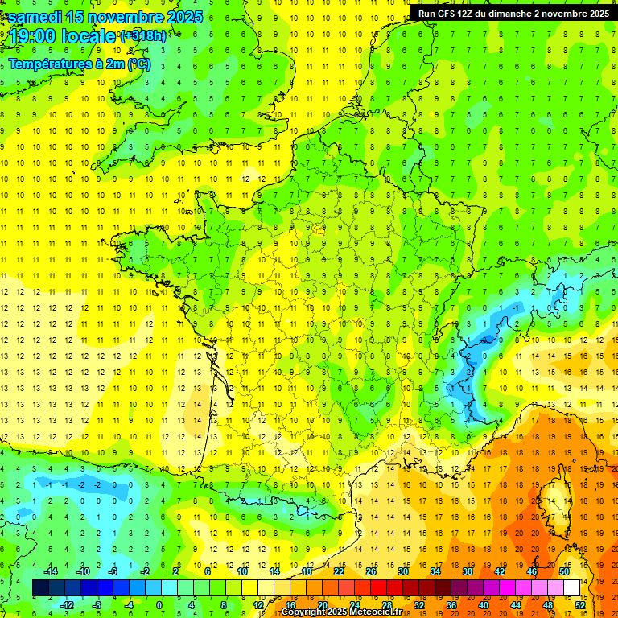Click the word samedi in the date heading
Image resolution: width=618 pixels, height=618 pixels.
(x=35, y=16)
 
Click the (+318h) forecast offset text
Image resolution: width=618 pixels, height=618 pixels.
(x=143, y=35)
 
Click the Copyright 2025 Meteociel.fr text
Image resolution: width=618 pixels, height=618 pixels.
(x=342, y=612)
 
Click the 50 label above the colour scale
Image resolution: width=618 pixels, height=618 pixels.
(x=564, y=571)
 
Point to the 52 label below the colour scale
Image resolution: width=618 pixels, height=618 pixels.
(x=580, y=604)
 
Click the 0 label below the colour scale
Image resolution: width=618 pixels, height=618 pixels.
(x=159, y=604)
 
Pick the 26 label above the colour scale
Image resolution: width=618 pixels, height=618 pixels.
(x=371, y=571)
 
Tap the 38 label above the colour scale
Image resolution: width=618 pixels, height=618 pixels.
(x=468, y=571)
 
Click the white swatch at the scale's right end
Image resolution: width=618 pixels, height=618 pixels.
(x=572, y=587)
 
